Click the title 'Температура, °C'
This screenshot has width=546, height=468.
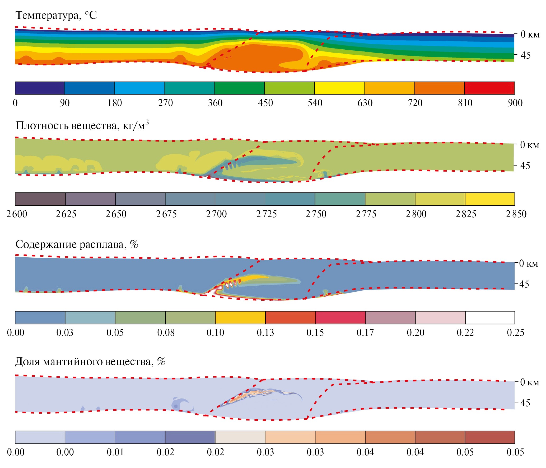[x=56, y=15]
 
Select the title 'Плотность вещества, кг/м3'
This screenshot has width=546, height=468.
[x=82, y=125]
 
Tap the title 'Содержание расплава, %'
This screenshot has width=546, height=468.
[x=77, y=244]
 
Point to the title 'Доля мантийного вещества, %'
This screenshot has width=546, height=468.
[x=90, y=362]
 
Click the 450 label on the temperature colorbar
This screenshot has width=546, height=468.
[x=265, y=103]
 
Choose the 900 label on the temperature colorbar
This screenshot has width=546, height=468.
[x=515, y=103]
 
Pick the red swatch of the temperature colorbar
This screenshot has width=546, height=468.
[x=489, y=88]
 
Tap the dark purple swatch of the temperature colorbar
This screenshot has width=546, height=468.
[x=40, y=88]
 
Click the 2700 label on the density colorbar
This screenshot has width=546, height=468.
[x=216, y=214]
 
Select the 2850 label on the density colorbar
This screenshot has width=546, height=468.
[x=516, y=214]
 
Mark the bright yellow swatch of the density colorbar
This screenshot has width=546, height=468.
[x=490, y=199]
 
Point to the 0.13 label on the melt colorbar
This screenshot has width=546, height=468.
[x=265, y=333]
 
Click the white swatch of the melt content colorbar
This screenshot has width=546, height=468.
[x=490, y=318]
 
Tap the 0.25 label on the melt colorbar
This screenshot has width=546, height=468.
[x=515, y=333]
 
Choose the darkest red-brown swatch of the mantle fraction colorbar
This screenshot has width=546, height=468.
[x=490, y=437]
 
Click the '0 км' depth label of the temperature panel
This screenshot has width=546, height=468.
[x=530, y=34]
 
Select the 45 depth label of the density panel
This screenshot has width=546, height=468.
[x=525, y=166]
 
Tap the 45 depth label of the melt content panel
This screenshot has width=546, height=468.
[x=524, y=284]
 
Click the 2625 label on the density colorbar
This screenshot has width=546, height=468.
[x=66, y=214]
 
